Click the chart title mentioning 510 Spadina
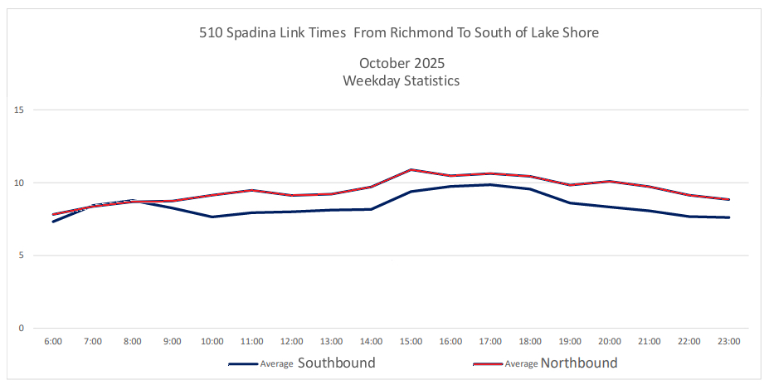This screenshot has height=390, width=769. point(398,33)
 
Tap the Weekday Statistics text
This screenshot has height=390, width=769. point(401,81)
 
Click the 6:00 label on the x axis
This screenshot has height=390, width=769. point(53,341)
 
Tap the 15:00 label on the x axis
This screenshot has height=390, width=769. point(411,341)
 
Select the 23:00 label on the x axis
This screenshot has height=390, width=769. point(728,341)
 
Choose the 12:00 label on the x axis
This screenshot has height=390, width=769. point(291,341)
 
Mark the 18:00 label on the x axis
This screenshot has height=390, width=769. point(530,341)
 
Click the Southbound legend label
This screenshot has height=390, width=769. point(336,363)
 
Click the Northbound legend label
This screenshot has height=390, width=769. point(578,363)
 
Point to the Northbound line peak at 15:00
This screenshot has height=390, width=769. point(411,169)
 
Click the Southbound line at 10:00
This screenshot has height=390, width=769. point(212,217)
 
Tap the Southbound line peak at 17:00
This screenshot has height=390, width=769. point(490,184)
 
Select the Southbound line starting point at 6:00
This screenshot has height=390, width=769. point(53,222)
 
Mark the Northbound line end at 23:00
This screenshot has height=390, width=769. point(728,199)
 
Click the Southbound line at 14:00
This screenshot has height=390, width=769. point(371,209)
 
